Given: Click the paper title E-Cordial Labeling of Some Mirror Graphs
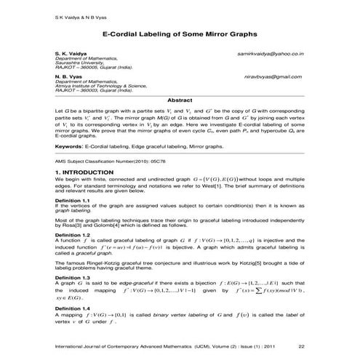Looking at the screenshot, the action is [x=179, y=34].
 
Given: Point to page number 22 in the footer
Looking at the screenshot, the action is [x=311, y=347].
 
